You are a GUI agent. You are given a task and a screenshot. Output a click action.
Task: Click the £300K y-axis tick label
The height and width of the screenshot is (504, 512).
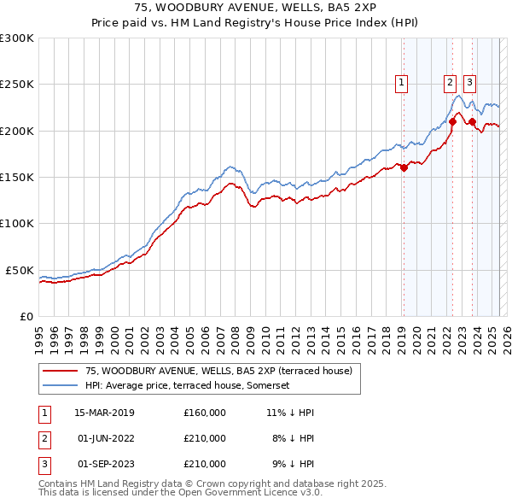(17, 38)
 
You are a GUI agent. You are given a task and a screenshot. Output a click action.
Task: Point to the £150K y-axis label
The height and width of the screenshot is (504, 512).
(17, 178)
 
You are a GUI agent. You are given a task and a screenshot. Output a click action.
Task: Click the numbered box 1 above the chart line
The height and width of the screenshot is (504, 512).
(401, 83)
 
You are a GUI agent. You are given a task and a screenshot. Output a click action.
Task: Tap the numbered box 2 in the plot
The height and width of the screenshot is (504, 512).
(450, 83)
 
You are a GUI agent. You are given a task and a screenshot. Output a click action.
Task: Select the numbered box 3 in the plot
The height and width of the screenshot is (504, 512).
(469, 83)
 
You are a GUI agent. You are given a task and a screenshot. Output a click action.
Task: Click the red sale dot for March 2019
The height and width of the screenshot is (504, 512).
(404, 168)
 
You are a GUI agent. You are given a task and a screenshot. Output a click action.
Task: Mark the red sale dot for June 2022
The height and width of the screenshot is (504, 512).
(452, 122)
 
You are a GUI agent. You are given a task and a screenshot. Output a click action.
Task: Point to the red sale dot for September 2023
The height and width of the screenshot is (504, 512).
(472, 122)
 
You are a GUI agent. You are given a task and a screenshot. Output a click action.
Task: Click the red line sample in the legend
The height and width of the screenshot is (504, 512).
(61, 371)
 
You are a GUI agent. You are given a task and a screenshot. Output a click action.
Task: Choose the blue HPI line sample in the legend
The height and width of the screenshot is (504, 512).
(61, 385)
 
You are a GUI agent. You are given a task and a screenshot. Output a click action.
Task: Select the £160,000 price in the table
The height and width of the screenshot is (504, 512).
(204, 413)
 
